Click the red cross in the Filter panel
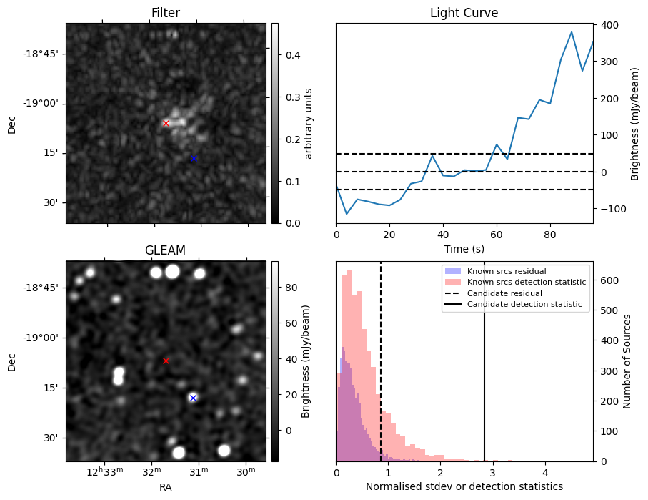pos(166,123)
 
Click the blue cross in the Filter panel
pos(193,158)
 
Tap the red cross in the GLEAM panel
pos(166,361)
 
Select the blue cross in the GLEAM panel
pos(193,398)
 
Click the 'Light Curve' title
pos(464,13)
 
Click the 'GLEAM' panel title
pos(165,250)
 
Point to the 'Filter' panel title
pos(165,13)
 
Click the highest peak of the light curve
pos(572,32)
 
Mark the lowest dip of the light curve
pos(347,214)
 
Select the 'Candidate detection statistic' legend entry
pos(524,305)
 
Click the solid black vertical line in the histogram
pos(484,372)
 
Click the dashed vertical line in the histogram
pos(381,372)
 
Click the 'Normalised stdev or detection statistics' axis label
pos(464,486)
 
